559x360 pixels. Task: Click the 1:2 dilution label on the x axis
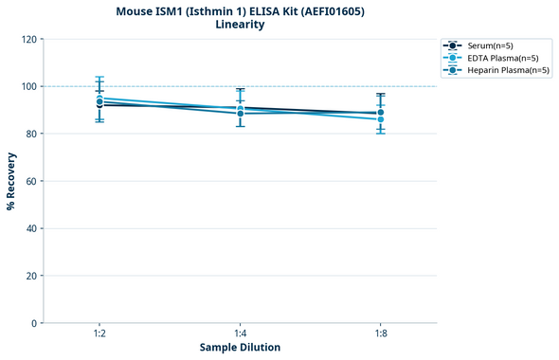[99, 334]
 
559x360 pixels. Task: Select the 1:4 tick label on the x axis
[240, 334]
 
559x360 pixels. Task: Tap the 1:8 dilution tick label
[380, 334]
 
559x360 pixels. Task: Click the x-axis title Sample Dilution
[240, 348]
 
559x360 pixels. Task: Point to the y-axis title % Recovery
[11, 181]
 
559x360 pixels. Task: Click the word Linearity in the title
[240, 25]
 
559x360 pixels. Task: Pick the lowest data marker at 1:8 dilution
[380, 119]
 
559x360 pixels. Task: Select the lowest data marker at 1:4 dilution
[240, 114]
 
